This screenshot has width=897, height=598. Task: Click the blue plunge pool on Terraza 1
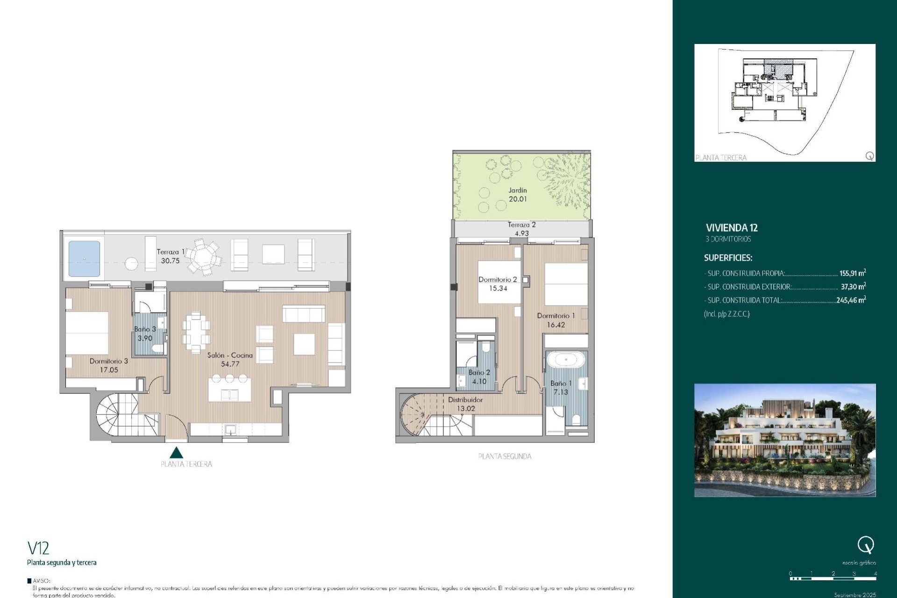[x=84, y=258]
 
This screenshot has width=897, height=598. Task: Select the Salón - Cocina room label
[x=230, y=355]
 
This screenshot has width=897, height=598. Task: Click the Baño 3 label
[x=145, y=329]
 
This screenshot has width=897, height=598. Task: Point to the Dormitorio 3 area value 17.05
[x=109, y=370]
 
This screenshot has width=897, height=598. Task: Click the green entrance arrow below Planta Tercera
[x=176, y=453]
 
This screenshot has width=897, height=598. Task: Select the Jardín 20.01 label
[x=518, y=195]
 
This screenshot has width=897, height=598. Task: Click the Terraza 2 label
[x=521, y=225]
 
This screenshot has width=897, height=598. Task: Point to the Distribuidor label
[x=465, y=400]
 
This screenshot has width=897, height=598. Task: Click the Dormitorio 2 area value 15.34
[x=498, y=289]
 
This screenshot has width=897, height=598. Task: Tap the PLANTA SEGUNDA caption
[x=505, y=456]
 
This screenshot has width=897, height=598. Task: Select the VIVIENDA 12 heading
[x=732, y=228]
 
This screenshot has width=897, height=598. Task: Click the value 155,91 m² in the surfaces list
[x=852, y=273]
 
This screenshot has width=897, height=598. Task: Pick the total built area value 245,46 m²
[x=851, y=300]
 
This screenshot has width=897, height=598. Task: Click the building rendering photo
[x=785, y=440]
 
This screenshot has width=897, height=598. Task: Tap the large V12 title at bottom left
[x=38, y=548]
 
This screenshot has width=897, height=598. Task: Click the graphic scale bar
[x=833, y=578]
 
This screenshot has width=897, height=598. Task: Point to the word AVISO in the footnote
[x=42, y=581]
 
